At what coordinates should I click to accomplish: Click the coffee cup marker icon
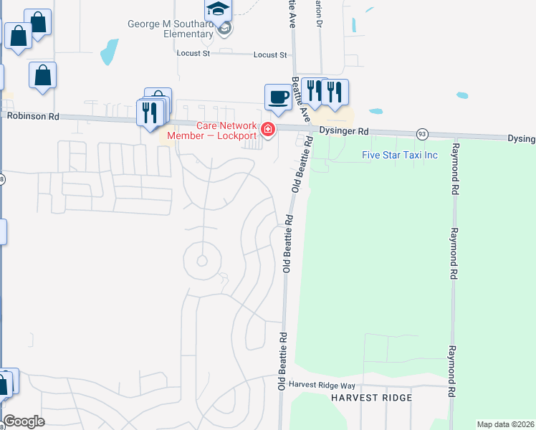pos(278,96)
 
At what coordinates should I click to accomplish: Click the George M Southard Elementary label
pos(170,29)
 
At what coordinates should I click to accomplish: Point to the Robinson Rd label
pos(33,115)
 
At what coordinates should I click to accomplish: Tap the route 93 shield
pos(422,134)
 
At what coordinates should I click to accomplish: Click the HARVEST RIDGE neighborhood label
pos(371,398)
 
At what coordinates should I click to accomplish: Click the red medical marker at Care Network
pos(268,130)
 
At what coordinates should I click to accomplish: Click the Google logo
pos(24,421)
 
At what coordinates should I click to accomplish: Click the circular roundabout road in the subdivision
pos(201,261)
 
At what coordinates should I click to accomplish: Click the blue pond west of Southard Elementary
pos(110,51)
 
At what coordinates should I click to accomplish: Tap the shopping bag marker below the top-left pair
pos(43,75)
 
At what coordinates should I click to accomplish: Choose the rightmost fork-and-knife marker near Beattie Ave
pos(334,91)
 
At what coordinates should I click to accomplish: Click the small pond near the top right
pos(462,95)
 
